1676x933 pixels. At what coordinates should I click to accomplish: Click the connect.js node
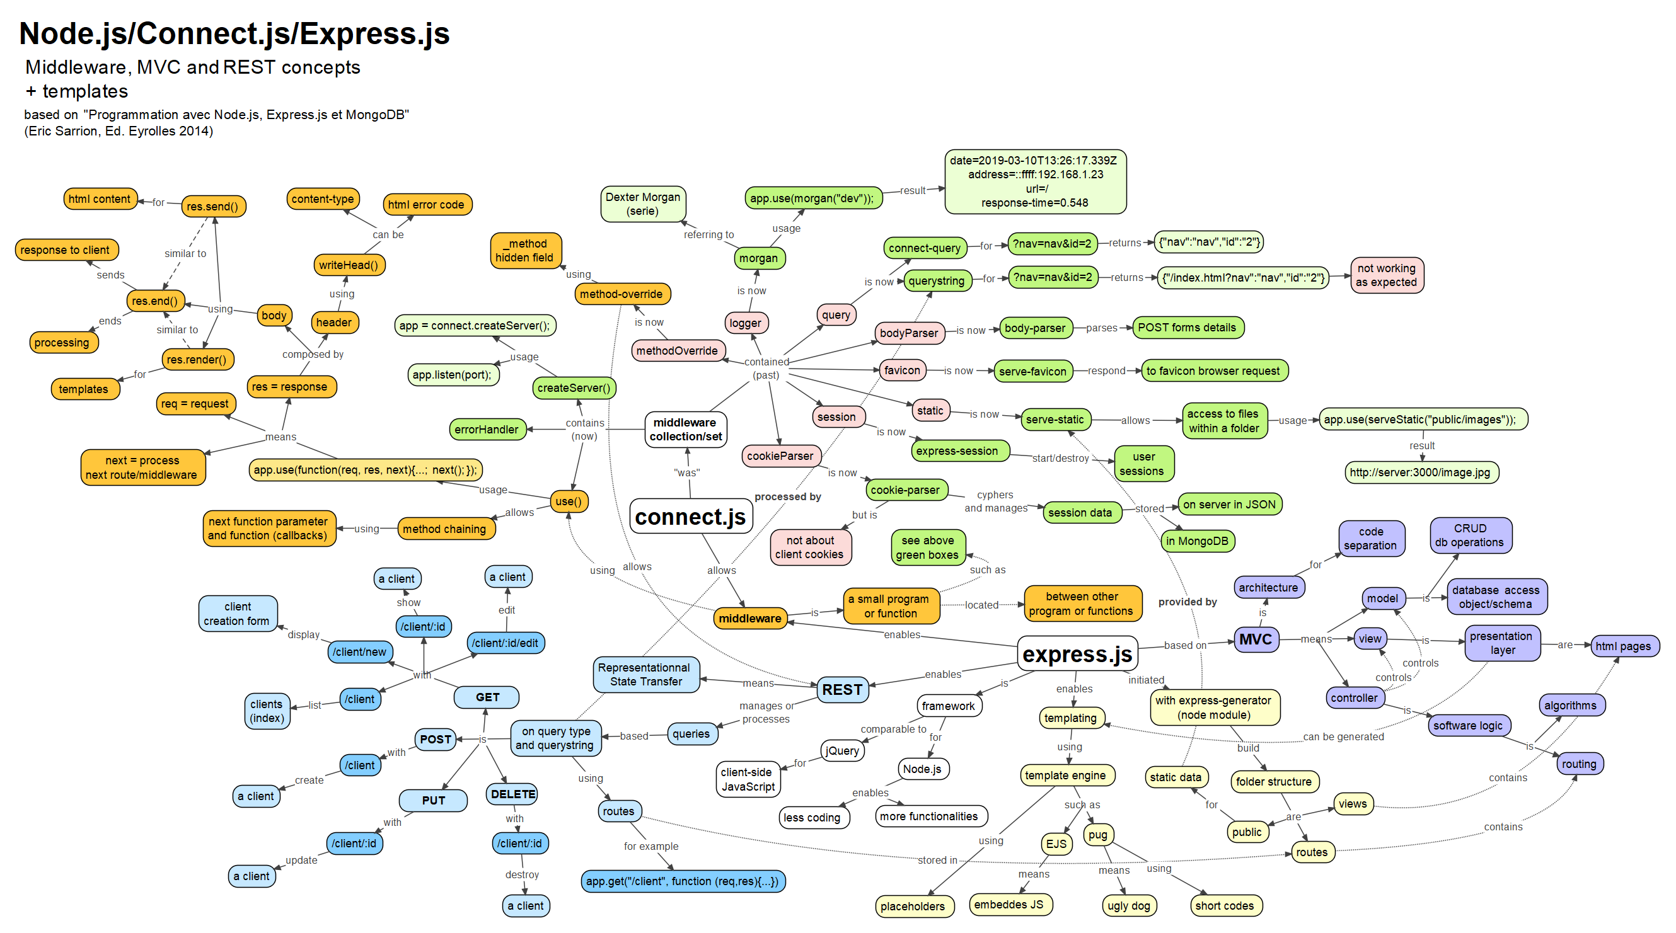(690, 517)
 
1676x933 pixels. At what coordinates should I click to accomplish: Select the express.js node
(1077, 653)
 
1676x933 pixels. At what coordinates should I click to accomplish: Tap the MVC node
(1255, 639)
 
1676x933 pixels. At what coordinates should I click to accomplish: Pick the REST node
(842, 689)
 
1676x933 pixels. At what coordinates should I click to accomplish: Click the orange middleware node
(749, 618)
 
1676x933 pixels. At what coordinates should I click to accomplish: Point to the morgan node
(758, 258)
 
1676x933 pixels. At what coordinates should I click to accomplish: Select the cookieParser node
(780, 455)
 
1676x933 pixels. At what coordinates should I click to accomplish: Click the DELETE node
(512, 794)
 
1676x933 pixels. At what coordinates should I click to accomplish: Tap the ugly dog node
(1128, 906)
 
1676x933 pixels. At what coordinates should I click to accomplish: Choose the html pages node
(1622, 646)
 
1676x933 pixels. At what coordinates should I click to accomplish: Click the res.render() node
(197, 360)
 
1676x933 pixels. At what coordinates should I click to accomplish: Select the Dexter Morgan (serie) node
(642, 203)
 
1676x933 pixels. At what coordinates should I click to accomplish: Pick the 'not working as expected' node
(1386, 275)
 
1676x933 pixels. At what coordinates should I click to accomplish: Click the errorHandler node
(486, 429)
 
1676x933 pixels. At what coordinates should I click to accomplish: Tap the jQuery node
(842, 751)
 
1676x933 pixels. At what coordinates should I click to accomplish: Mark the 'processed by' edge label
(787, 496)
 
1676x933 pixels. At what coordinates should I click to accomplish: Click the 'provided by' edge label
(1187, 602)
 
